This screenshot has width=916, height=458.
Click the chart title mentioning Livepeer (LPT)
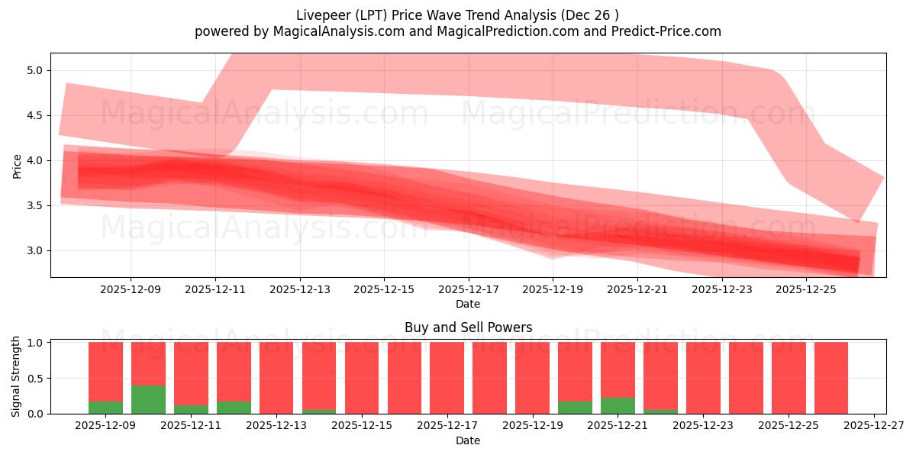[457, 15]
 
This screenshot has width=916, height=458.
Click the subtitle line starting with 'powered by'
[457, 31]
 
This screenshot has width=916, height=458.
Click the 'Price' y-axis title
[18, 165]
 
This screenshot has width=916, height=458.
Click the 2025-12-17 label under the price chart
[468, 289]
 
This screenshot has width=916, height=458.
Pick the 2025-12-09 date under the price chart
[131, 289]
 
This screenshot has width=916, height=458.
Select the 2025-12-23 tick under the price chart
[721, 289]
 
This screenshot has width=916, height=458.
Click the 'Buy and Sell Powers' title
[468, 327]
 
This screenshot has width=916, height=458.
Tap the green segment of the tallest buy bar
[148, 399]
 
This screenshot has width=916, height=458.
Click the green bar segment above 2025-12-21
[618, 405]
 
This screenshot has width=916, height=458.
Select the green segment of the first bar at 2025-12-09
[105, 408]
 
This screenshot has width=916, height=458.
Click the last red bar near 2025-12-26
[831, 378]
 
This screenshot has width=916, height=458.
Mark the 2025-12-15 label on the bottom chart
[362, 426]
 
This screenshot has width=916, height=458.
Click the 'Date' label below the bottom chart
[468, 440]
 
